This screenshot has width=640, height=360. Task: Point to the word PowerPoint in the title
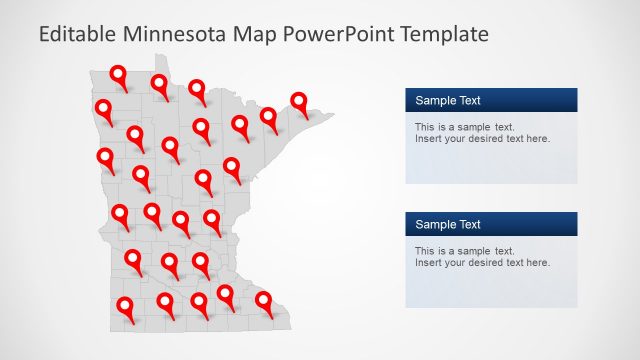[x=341, y=34]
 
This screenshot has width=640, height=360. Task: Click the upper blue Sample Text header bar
[x=491, y=100]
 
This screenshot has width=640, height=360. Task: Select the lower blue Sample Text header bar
[x=491, y=224]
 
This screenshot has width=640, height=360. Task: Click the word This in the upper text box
[x=425, y=127]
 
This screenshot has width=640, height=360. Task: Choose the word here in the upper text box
[x=536, y=139]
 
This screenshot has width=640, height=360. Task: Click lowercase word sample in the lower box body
[x=473, y=251]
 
